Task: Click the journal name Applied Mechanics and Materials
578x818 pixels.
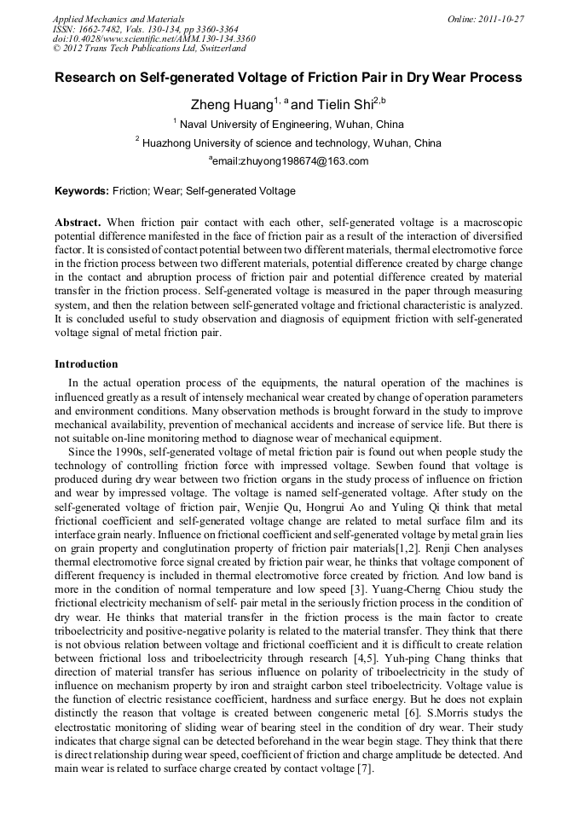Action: click(x=118, y=19)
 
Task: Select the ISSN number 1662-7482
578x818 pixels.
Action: click(x=105, y=28)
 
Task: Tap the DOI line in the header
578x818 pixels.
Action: click(x=153, y=38)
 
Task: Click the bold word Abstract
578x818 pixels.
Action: click(x=78, y=222)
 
